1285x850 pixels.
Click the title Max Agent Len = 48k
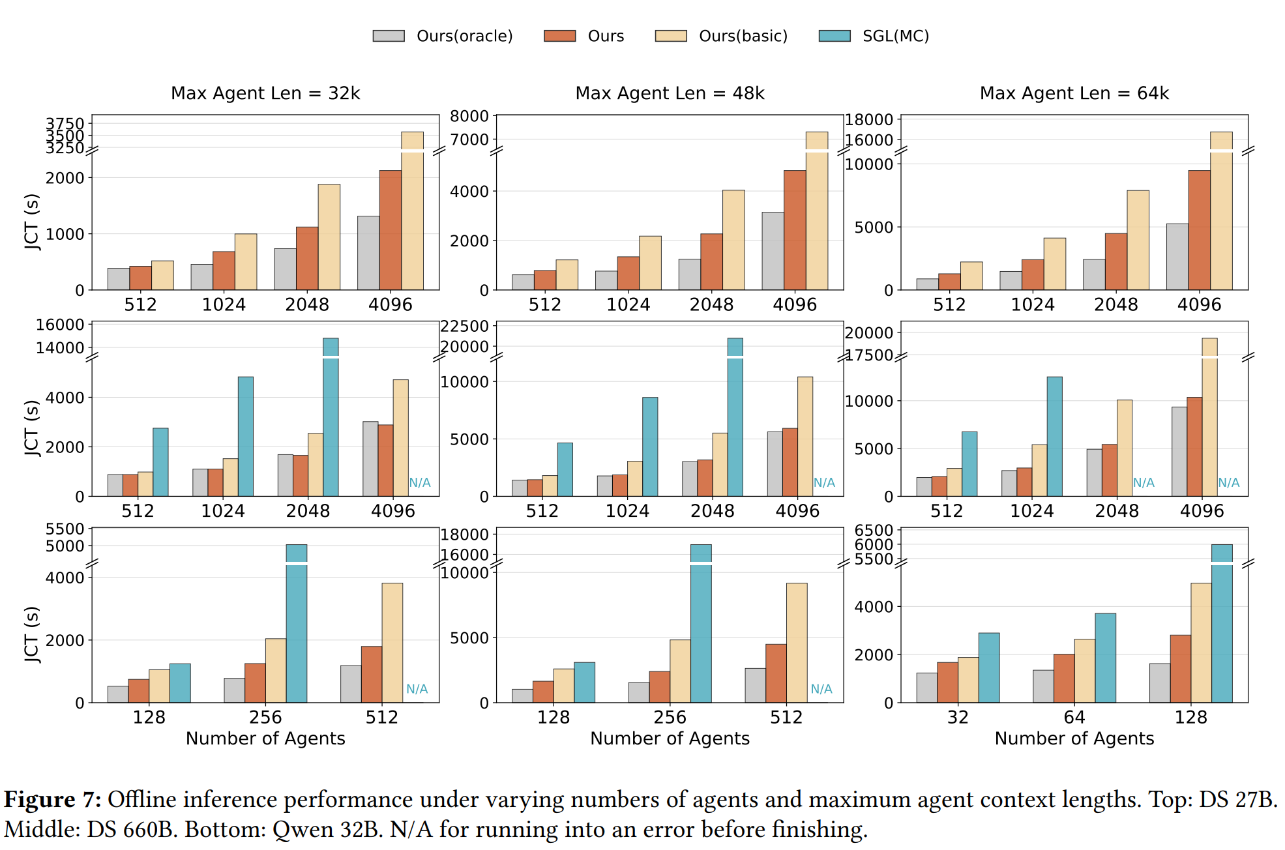tap(670, 93)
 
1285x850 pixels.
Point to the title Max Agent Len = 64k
tap(1074, 93)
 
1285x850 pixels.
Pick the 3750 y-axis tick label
tap(65, 123)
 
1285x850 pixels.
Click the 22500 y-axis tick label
tap(464, 326)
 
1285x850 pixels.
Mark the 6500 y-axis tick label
tap(874, 530)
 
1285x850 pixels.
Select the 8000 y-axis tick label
tap(469, 116)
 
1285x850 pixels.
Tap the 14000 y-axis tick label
tap(60, 348)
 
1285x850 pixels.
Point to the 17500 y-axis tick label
tap(869, 355)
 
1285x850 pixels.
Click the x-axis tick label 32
tap(958, 717)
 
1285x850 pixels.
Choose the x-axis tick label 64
tap(1074, 717)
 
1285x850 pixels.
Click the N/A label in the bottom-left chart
tap(417, 689)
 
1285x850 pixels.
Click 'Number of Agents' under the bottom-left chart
tap(265, 739)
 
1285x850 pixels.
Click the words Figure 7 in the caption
tap(52, 800)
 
